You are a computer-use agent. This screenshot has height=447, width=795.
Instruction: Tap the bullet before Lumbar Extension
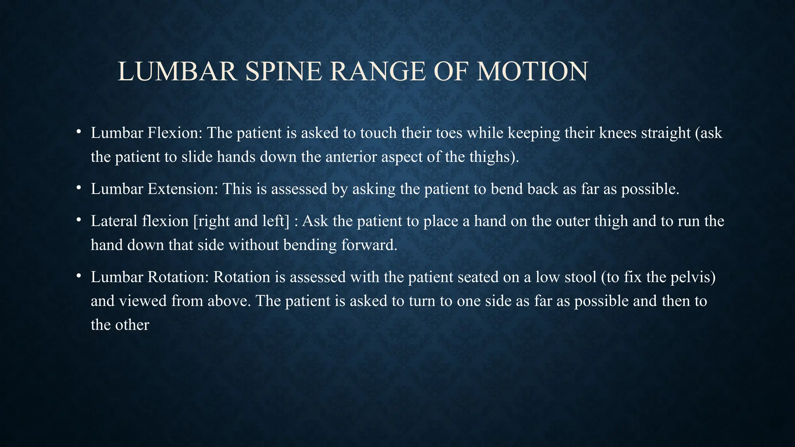pyautogui.click(x=78, y=188)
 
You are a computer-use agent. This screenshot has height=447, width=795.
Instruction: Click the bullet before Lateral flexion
pyautogui.click(x=78, y=220)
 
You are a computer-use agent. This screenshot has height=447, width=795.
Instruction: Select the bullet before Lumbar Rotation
pyautogui.click(x=78, y=276)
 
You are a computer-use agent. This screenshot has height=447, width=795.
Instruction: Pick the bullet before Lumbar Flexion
pyautogui.click(x=78, y=132)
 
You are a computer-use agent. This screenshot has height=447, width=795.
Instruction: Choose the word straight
pyautogui.click(x=666, y=133)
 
